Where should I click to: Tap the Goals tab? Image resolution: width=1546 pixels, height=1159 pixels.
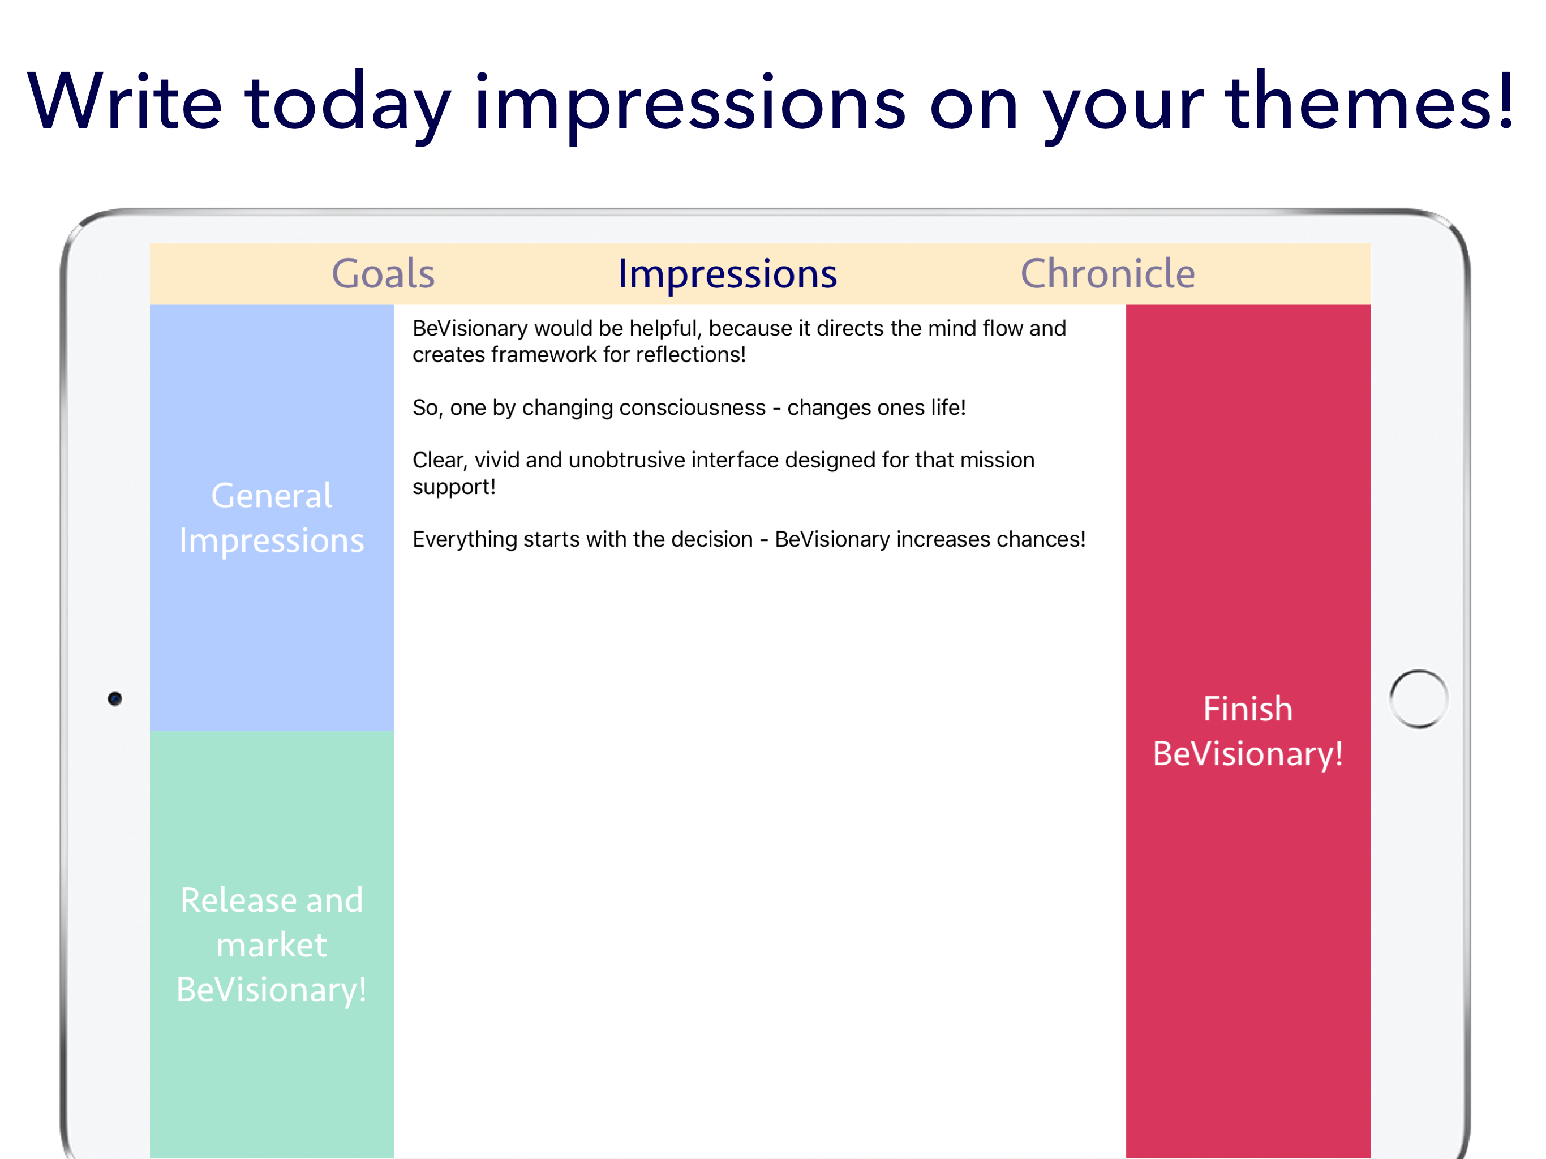click(383, 273)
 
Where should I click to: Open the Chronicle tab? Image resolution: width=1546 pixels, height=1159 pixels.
click(1108, 273)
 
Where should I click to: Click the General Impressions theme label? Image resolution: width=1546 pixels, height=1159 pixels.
click(272, 518)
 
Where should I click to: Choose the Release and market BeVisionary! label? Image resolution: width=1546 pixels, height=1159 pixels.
click(272, 945)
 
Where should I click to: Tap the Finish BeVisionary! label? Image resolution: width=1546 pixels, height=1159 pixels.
click(1248, 731)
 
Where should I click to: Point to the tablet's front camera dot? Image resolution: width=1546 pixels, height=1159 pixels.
click(115, 698)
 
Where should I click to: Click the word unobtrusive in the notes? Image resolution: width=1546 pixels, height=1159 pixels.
click(626, 460)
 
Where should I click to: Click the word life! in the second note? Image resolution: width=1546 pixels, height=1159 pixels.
click(948, 407)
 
